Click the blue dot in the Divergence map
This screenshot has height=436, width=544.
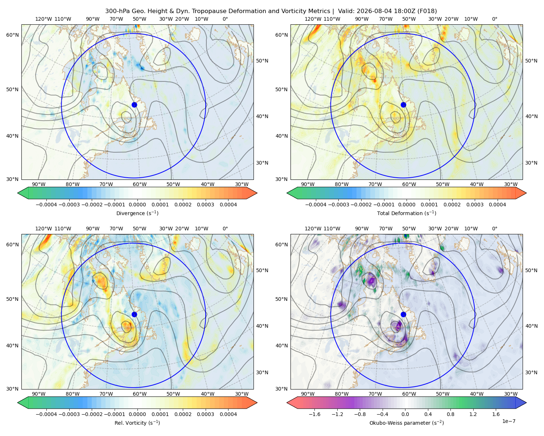coord(134,105)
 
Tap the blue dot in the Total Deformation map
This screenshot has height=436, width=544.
coord(403,105)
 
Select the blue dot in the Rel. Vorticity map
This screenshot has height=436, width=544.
coord(134,314)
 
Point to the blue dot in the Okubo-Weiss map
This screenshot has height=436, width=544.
coord(403,314)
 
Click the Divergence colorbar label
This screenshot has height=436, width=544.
coord(137,213)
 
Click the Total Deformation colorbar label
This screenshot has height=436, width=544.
coord(407,213)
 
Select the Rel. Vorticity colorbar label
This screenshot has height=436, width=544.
coord(137,423)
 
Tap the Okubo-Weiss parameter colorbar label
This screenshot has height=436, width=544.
coord(407,423)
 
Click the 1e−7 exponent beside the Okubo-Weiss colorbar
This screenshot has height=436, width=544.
coord(508,421)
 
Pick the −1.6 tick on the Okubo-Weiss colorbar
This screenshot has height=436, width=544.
coord(314,414)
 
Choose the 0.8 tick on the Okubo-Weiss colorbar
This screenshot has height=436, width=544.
coord(450,414)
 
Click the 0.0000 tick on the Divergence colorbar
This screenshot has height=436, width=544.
coord(137,205)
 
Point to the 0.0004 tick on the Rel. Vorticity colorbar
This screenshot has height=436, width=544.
coord(228,414)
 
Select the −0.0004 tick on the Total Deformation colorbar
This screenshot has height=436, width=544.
coord(316,205)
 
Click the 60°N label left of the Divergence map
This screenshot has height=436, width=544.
coord(12,35)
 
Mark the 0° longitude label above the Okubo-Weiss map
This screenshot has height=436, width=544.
coord(494,229)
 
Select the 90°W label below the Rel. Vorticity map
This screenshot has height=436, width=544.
coord(39,394)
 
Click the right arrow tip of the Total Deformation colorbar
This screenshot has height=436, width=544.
coord(526,193)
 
